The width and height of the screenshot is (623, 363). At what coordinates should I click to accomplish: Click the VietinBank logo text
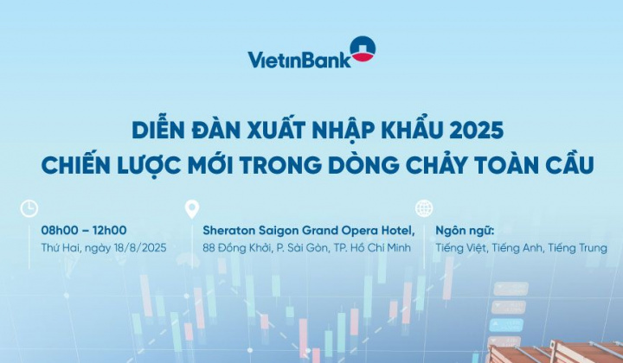pyautogui.click(x=298, y=60)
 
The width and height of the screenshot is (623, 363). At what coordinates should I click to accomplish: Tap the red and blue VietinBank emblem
pyautogui.click(x=362, y=49)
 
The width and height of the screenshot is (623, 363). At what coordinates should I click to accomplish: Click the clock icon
pyautogui.click(x=29, y=208)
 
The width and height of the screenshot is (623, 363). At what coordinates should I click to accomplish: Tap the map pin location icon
pyautogui.click(x=192, y=208)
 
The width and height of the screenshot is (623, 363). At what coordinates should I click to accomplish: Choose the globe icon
pyautogui.click(x=424, y=208)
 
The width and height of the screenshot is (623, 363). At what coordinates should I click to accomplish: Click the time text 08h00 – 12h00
pyautogui.click(x=84, y=231)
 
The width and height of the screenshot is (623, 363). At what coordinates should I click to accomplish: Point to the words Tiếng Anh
pyautogui.click(x=517, y=248)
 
